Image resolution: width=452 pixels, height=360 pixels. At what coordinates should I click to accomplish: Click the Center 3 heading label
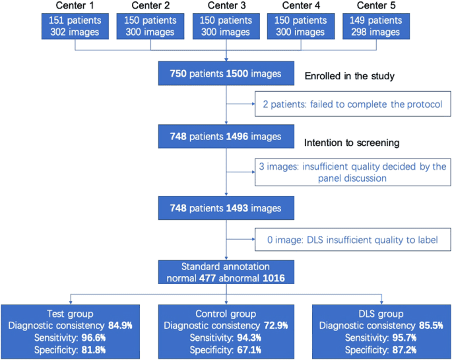[226, 7]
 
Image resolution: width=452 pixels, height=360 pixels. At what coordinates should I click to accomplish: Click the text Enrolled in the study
[349, 77]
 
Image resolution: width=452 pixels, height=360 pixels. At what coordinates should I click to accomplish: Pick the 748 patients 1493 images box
[226, 208]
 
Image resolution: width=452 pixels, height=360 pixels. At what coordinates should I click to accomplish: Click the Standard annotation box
[226, 270]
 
